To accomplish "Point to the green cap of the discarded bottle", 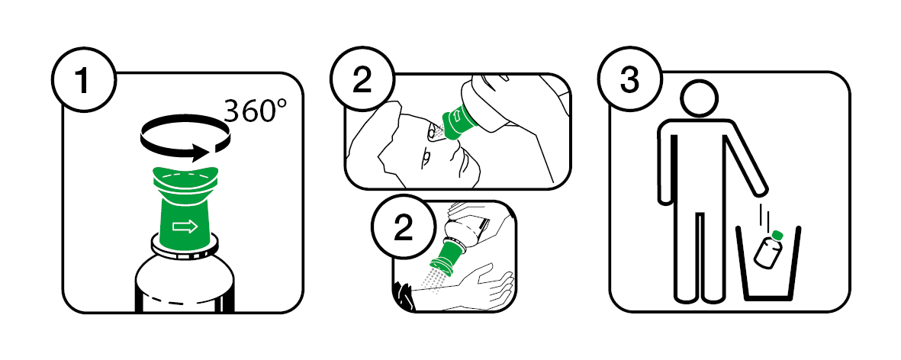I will (778, 234).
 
